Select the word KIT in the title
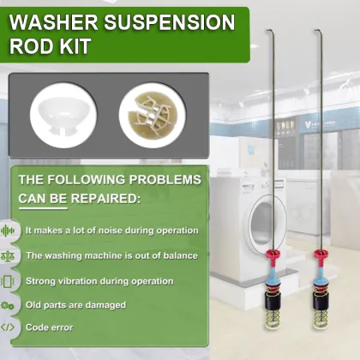tap(83, 49)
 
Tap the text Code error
tap(49, 327)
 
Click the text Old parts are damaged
tap(76, 304)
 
